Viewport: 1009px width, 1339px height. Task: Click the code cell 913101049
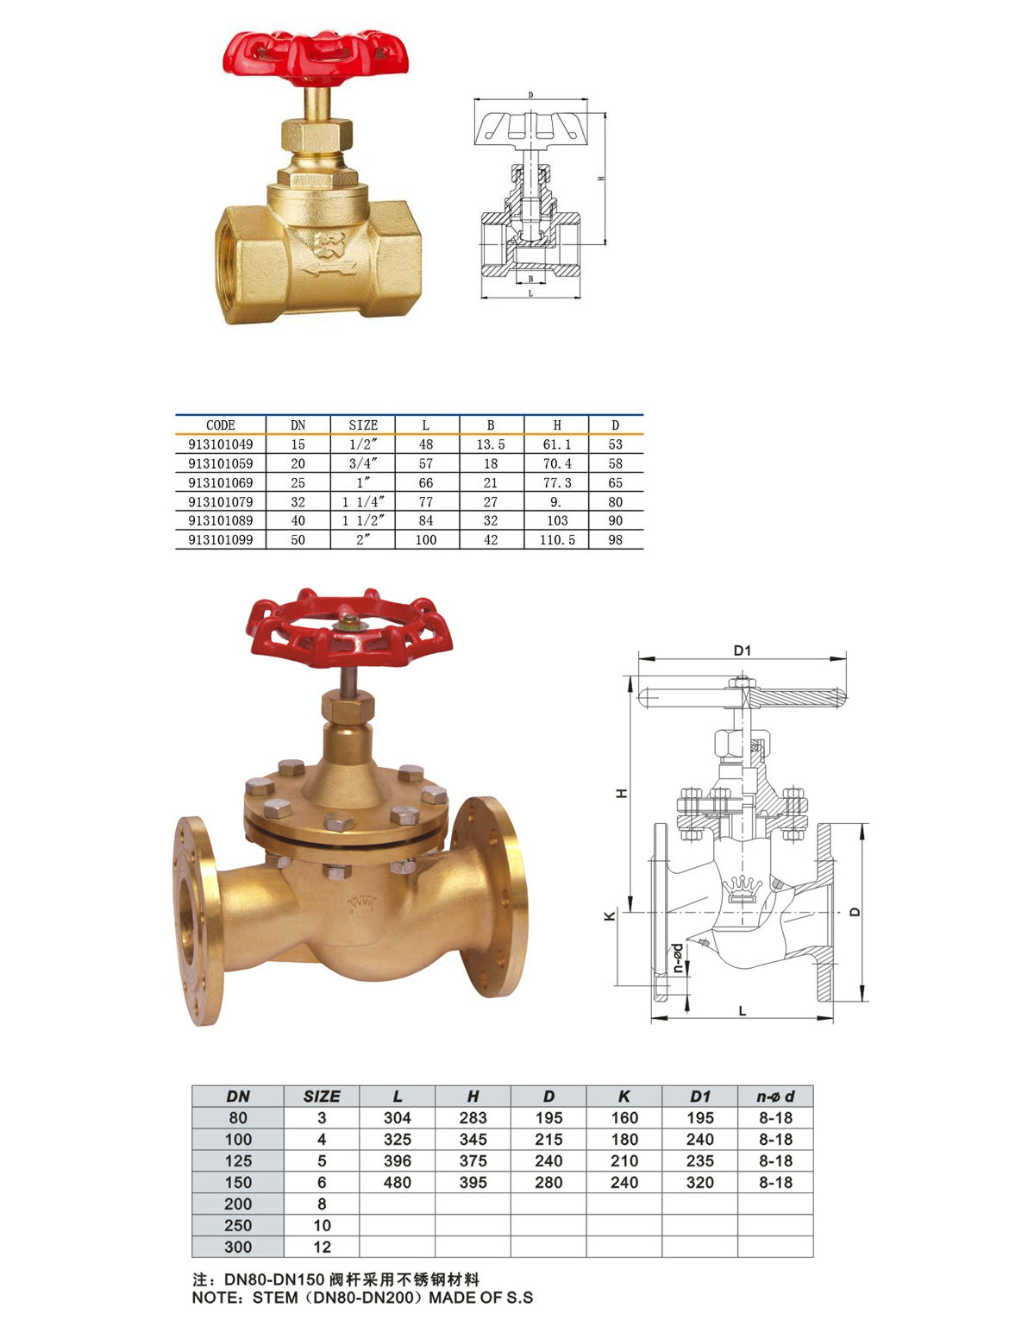coord(220,444)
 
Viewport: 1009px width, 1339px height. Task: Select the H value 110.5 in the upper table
coord(556,540)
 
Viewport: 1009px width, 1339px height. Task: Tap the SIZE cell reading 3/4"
coord(363,463)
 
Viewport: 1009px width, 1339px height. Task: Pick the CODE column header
coord(220,425)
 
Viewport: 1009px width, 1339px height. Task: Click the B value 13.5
coord(490,444)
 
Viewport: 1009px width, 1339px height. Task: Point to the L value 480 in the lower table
coord(397,1182)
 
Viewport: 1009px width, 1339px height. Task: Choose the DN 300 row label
coord(238,1247)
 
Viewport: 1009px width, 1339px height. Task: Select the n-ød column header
coord(775,1097)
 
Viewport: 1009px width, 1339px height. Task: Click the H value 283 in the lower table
coord(473,1117)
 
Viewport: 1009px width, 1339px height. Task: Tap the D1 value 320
coord(699,1182)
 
